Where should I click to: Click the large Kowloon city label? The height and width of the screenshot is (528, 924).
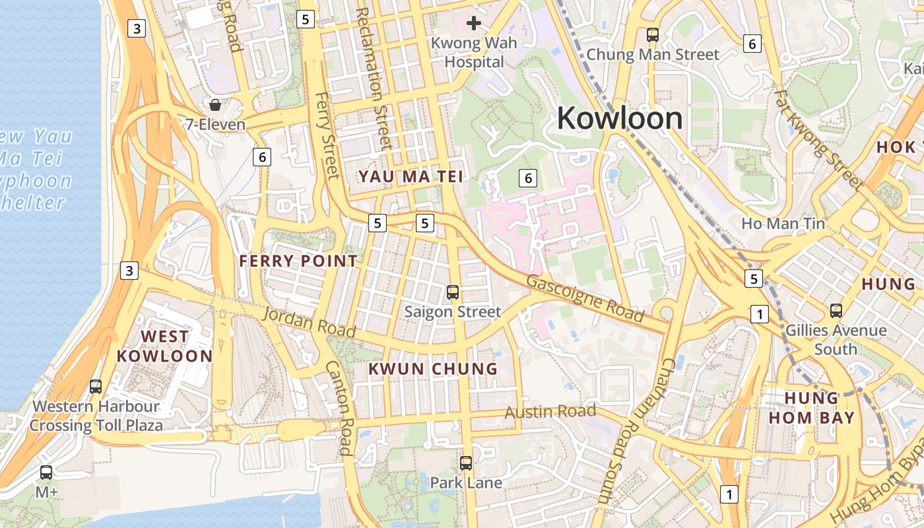620,119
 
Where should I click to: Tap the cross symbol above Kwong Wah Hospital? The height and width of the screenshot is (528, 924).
473,24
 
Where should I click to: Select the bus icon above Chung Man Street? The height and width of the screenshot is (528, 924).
653,35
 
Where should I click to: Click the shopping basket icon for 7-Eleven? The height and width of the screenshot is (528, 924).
215,104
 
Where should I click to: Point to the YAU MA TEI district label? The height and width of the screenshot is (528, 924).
410,176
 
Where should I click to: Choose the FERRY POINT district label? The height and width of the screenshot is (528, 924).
298,261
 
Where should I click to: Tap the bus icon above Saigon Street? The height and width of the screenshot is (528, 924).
453,292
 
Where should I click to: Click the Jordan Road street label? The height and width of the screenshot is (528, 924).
309,322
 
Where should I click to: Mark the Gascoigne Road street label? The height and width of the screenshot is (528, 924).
585,298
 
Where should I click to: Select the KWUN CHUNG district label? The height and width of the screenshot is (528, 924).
432,369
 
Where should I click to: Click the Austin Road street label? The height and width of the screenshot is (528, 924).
550,412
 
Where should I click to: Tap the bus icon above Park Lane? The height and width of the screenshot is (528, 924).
466,463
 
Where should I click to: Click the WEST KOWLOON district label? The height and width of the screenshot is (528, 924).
164,346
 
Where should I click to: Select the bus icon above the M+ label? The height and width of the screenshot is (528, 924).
46,473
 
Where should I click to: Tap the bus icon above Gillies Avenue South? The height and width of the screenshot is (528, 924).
836,310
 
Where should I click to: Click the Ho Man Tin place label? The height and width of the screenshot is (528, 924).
783,224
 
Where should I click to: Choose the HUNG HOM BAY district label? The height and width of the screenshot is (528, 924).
811,408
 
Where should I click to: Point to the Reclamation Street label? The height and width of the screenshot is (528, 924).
370,79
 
